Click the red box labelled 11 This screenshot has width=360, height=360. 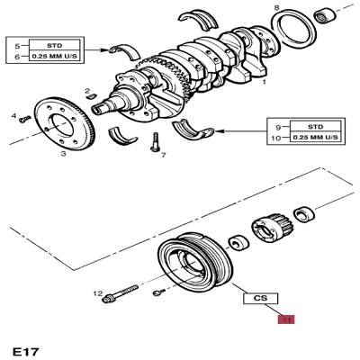[x=286, y=319]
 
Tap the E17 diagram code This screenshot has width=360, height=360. [x=27, y=348]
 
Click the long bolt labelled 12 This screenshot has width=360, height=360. [x=126, y=294]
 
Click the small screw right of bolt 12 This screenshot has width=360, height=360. [x=157, y=293]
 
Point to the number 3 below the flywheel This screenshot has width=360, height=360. [x=63, y=154]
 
